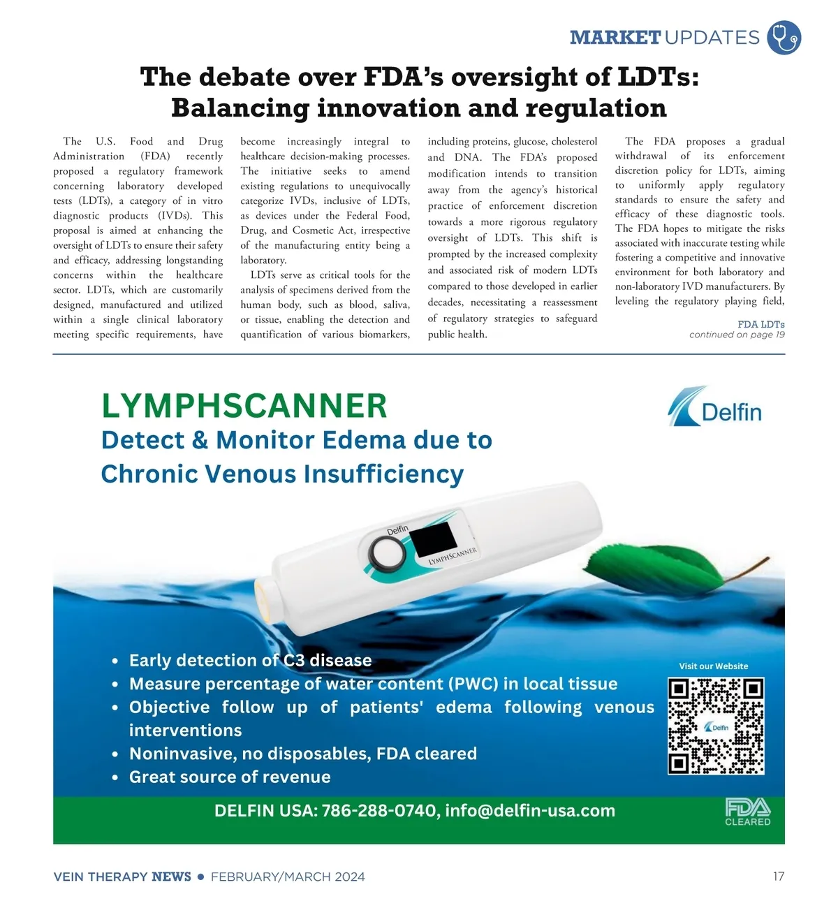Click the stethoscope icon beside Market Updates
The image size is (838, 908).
pyautogui.click(x=784, y=37)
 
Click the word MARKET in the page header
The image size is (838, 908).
pyautogui.click(x=615, y=38)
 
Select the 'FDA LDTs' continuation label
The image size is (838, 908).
pyautogui.click(x=760, y=324)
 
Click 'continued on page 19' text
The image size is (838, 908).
pyautogui.click(x=736, y=335)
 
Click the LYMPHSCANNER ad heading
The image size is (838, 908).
pyautogui.click(x=244, y=406)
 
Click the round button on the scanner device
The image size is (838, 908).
pyautogui.click(x=387, y=555)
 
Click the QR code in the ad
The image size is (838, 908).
pyautogui.click(x=716, y=726)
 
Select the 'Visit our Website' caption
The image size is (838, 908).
pyautogui.click(x=713, y=666)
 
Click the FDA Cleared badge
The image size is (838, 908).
pyautogui.click(x=747, y=812)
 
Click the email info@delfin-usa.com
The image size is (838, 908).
pyautogui.click(x=530, y=811)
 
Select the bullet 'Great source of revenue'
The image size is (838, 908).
pyautogui.click(x=230, y=777)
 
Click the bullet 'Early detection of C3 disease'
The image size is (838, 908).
pyautogui.click(x=250, y=660)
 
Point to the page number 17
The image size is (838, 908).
pyautogui.click(x=779, y=877)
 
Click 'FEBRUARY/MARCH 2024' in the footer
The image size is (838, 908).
pyautogui.click(x=288, y=877)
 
